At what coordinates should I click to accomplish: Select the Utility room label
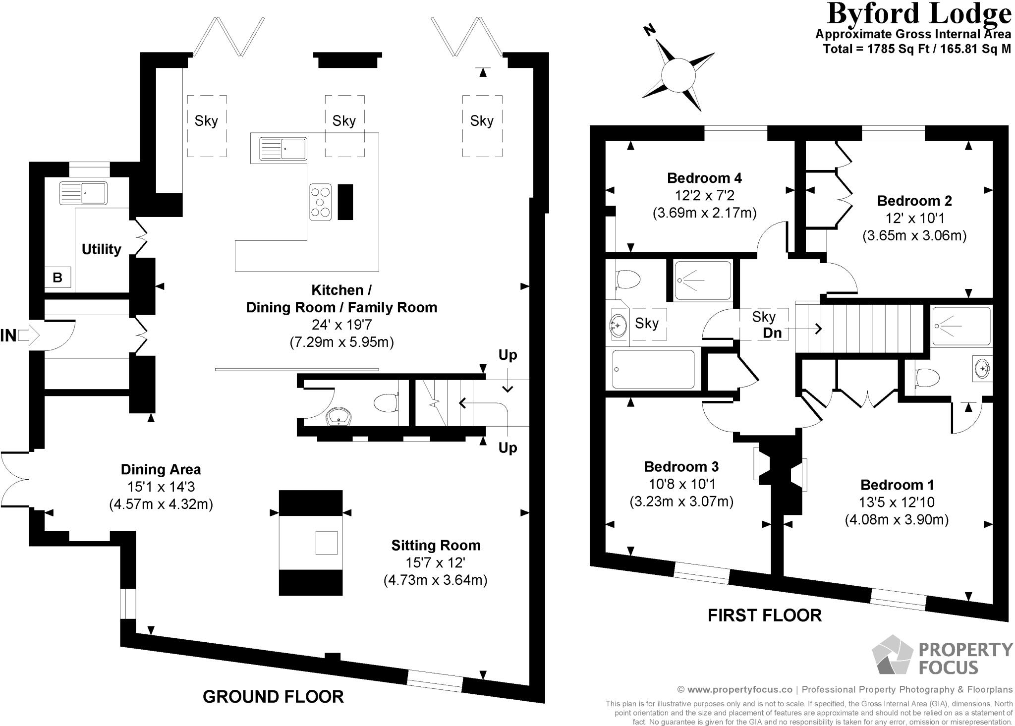(x=101, y=249)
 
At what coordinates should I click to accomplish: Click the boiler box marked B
(x=57, y=278)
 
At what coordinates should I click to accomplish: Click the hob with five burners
(x=321, y=202)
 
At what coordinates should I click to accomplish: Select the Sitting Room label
(x=436, y=546)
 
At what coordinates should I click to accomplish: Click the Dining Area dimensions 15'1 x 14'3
(x=161, y=487)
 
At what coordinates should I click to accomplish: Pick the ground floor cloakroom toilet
(x=387, y=403)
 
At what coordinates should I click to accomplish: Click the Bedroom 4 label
(x=704, y=178)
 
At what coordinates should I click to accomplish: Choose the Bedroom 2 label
(x=914, y=201)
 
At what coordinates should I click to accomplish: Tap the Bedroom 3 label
(x=681, y=467)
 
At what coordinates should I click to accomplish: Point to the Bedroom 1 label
(x=897, y=485)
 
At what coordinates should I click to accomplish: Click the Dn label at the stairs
(x=772, y=333)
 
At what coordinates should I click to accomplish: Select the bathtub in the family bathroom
(x=653, y=369)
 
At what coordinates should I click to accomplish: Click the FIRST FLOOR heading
(x=764, y=615)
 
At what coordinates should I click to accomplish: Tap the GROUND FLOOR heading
(x=273, y=697)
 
